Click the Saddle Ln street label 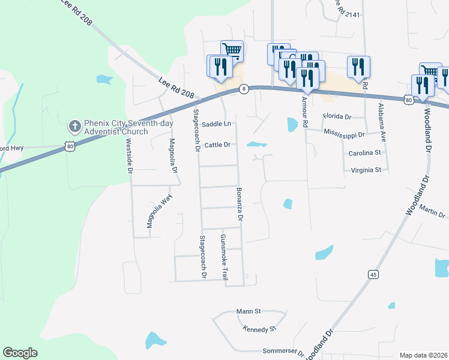point(216,124)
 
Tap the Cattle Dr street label point(217,145)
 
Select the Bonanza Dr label point(238,208)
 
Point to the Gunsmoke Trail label point(224,258)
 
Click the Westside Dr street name point(129,156)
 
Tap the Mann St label point(248,311)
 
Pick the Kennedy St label point(259,329)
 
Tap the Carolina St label point(365,153)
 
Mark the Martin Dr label point(433,211)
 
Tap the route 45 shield point(373,274)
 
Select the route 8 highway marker point(243,89)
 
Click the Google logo point(20,353)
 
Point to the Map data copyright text point(424,355)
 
